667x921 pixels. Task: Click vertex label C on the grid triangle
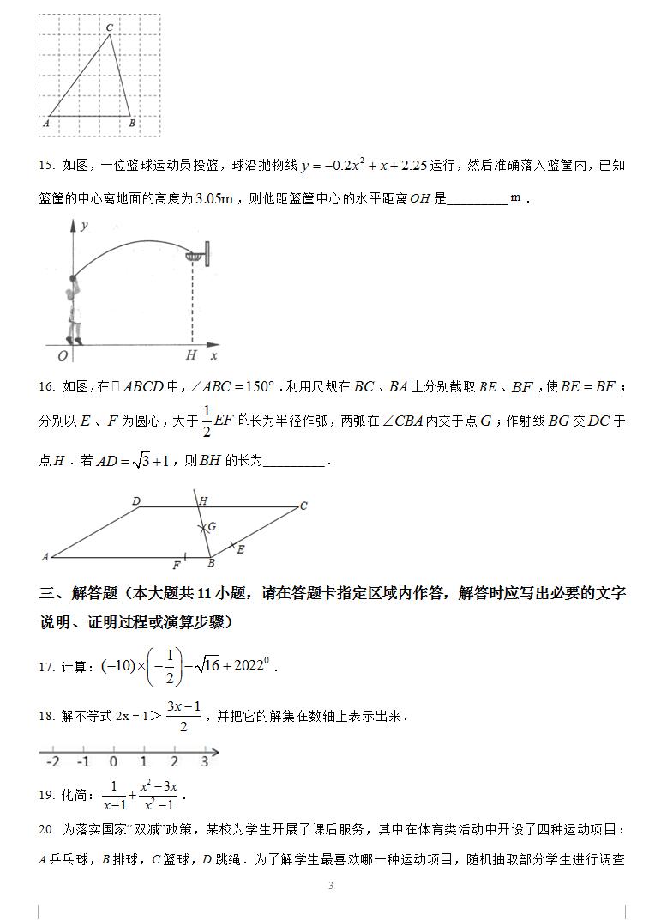click(x=110, y=28)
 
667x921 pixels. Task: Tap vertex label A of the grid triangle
click(x=45, y=124)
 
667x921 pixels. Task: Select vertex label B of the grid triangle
click(x=131, y=124)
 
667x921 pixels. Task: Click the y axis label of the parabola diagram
click(x=84, y=226)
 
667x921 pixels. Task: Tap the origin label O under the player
click(x=62, y=355)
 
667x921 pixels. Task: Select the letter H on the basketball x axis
click(x=191, y=355)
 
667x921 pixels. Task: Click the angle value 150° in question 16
click(x=255, y=387)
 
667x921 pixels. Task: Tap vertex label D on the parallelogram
click(x=136, y=500)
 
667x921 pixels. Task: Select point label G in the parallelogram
click(x=211, y=526)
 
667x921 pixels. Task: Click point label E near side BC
click(x=240, y=549)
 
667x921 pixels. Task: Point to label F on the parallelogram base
click(x=177, y=566)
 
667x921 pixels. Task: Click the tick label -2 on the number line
click(x=52, y=762)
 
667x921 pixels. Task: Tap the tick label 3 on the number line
click(x=204, y=762)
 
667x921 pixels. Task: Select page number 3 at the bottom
click(x=331, y=886)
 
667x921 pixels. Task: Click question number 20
click(x=46, y=829)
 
